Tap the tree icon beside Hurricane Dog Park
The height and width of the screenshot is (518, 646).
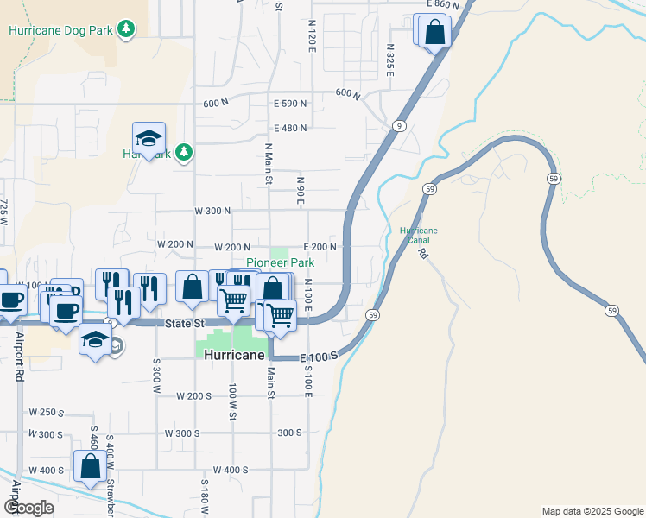tap(127, 29)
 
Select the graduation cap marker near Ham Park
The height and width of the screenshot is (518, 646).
tap(149, 139)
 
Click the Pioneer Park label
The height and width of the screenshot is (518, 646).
tap(280, 262)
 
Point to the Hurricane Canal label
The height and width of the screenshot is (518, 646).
tap(419, 236)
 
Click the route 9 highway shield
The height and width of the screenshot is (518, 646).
tap(398, 125)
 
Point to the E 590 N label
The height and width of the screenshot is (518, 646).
tap(290, 104)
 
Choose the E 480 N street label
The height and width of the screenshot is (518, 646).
tap(290, 129)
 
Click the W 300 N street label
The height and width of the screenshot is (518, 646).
tap(212, 211)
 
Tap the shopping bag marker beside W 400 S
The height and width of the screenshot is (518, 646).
tap(91, 468)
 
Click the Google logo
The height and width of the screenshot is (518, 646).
tap(28, 508)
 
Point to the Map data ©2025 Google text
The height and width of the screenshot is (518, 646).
tap(592, 511)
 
